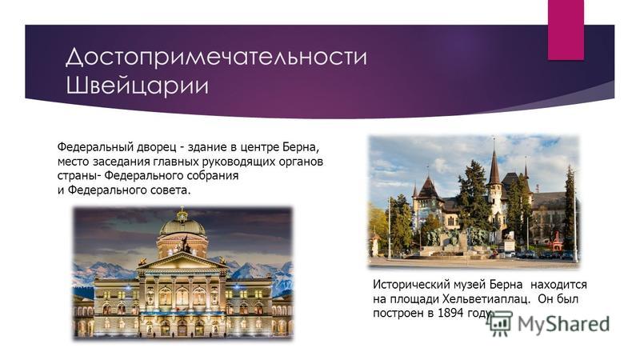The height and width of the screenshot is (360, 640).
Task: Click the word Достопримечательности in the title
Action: pyautogui.click(x=216, y=56)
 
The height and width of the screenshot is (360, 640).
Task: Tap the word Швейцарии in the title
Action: pyautogui.click(x=137, y=86)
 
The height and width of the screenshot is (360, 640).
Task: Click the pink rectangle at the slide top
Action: pyautogui.click(x=566, y=30)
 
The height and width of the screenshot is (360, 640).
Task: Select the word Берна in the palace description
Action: pyautogui.click(x=298, y=147)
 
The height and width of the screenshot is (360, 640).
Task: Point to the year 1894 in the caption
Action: pyautogui.click(x=451, y=314)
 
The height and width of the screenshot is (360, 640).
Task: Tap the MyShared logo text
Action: pyautogui.click(x=563, y=324)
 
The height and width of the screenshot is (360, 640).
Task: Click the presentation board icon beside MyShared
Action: pyautogui.click(x=499, y=323)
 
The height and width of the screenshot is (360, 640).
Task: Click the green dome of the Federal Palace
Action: pyautogui.click(x=182, y=226)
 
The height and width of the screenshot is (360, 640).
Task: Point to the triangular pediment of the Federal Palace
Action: pyautogui.click(x=182, y=262)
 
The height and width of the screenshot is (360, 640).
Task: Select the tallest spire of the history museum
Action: pyautogui.click(x=494, y=162)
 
